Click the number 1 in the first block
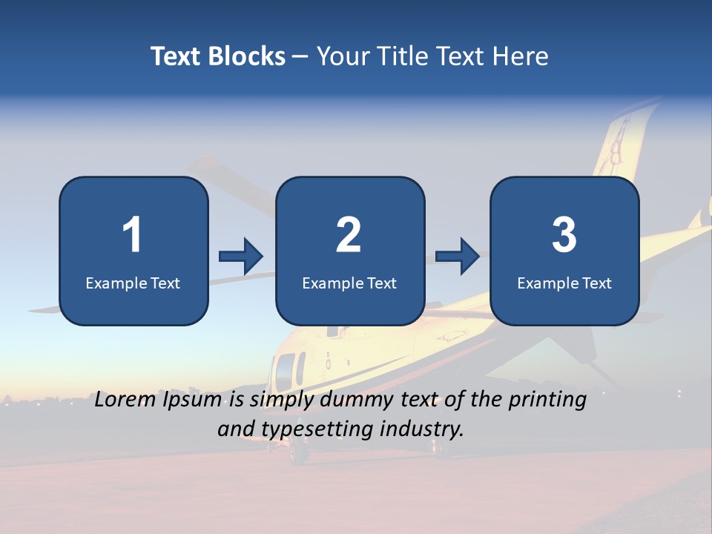point(133,235)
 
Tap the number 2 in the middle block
point(349,235)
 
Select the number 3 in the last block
point(564,235)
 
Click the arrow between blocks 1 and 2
point(241,257)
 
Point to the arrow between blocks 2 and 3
point(458,257)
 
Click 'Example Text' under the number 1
point(133,283)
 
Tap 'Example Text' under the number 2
point(349,283)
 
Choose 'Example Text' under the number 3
point(564,283)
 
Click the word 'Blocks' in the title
point(246,56)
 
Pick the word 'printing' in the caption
point(547,400)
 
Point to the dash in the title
point(300,57)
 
